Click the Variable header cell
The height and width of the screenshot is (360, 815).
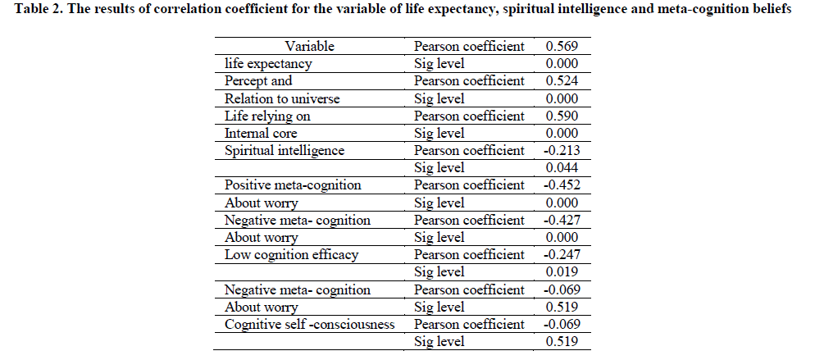(x=309, y=47)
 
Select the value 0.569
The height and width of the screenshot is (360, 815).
(x=562, y=47)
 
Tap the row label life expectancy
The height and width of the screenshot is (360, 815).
(x=267, y=64)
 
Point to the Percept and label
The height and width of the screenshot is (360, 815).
(x=258, y=81)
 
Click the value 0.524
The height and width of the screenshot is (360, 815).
(x=562, y=81)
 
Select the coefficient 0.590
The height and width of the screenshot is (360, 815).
(x=562, y=116)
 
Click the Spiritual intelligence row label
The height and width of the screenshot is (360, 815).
(x=285, y=151)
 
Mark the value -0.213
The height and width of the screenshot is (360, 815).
(x=561, y=151)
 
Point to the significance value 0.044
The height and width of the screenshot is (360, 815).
(x=562, y=168)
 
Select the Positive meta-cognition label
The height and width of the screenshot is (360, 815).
(x=293, y=185)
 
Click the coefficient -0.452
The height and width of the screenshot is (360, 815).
(x=561, y=185)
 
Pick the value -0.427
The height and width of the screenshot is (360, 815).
(x=561, y=221)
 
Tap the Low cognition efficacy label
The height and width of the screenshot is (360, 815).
(x=291, y=255)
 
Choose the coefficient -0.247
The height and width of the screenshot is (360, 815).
(x=561, y=255)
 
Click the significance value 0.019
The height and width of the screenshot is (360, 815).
(x=562, y=272)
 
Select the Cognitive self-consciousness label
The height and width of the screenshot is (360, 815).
(x=310, y=325)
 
